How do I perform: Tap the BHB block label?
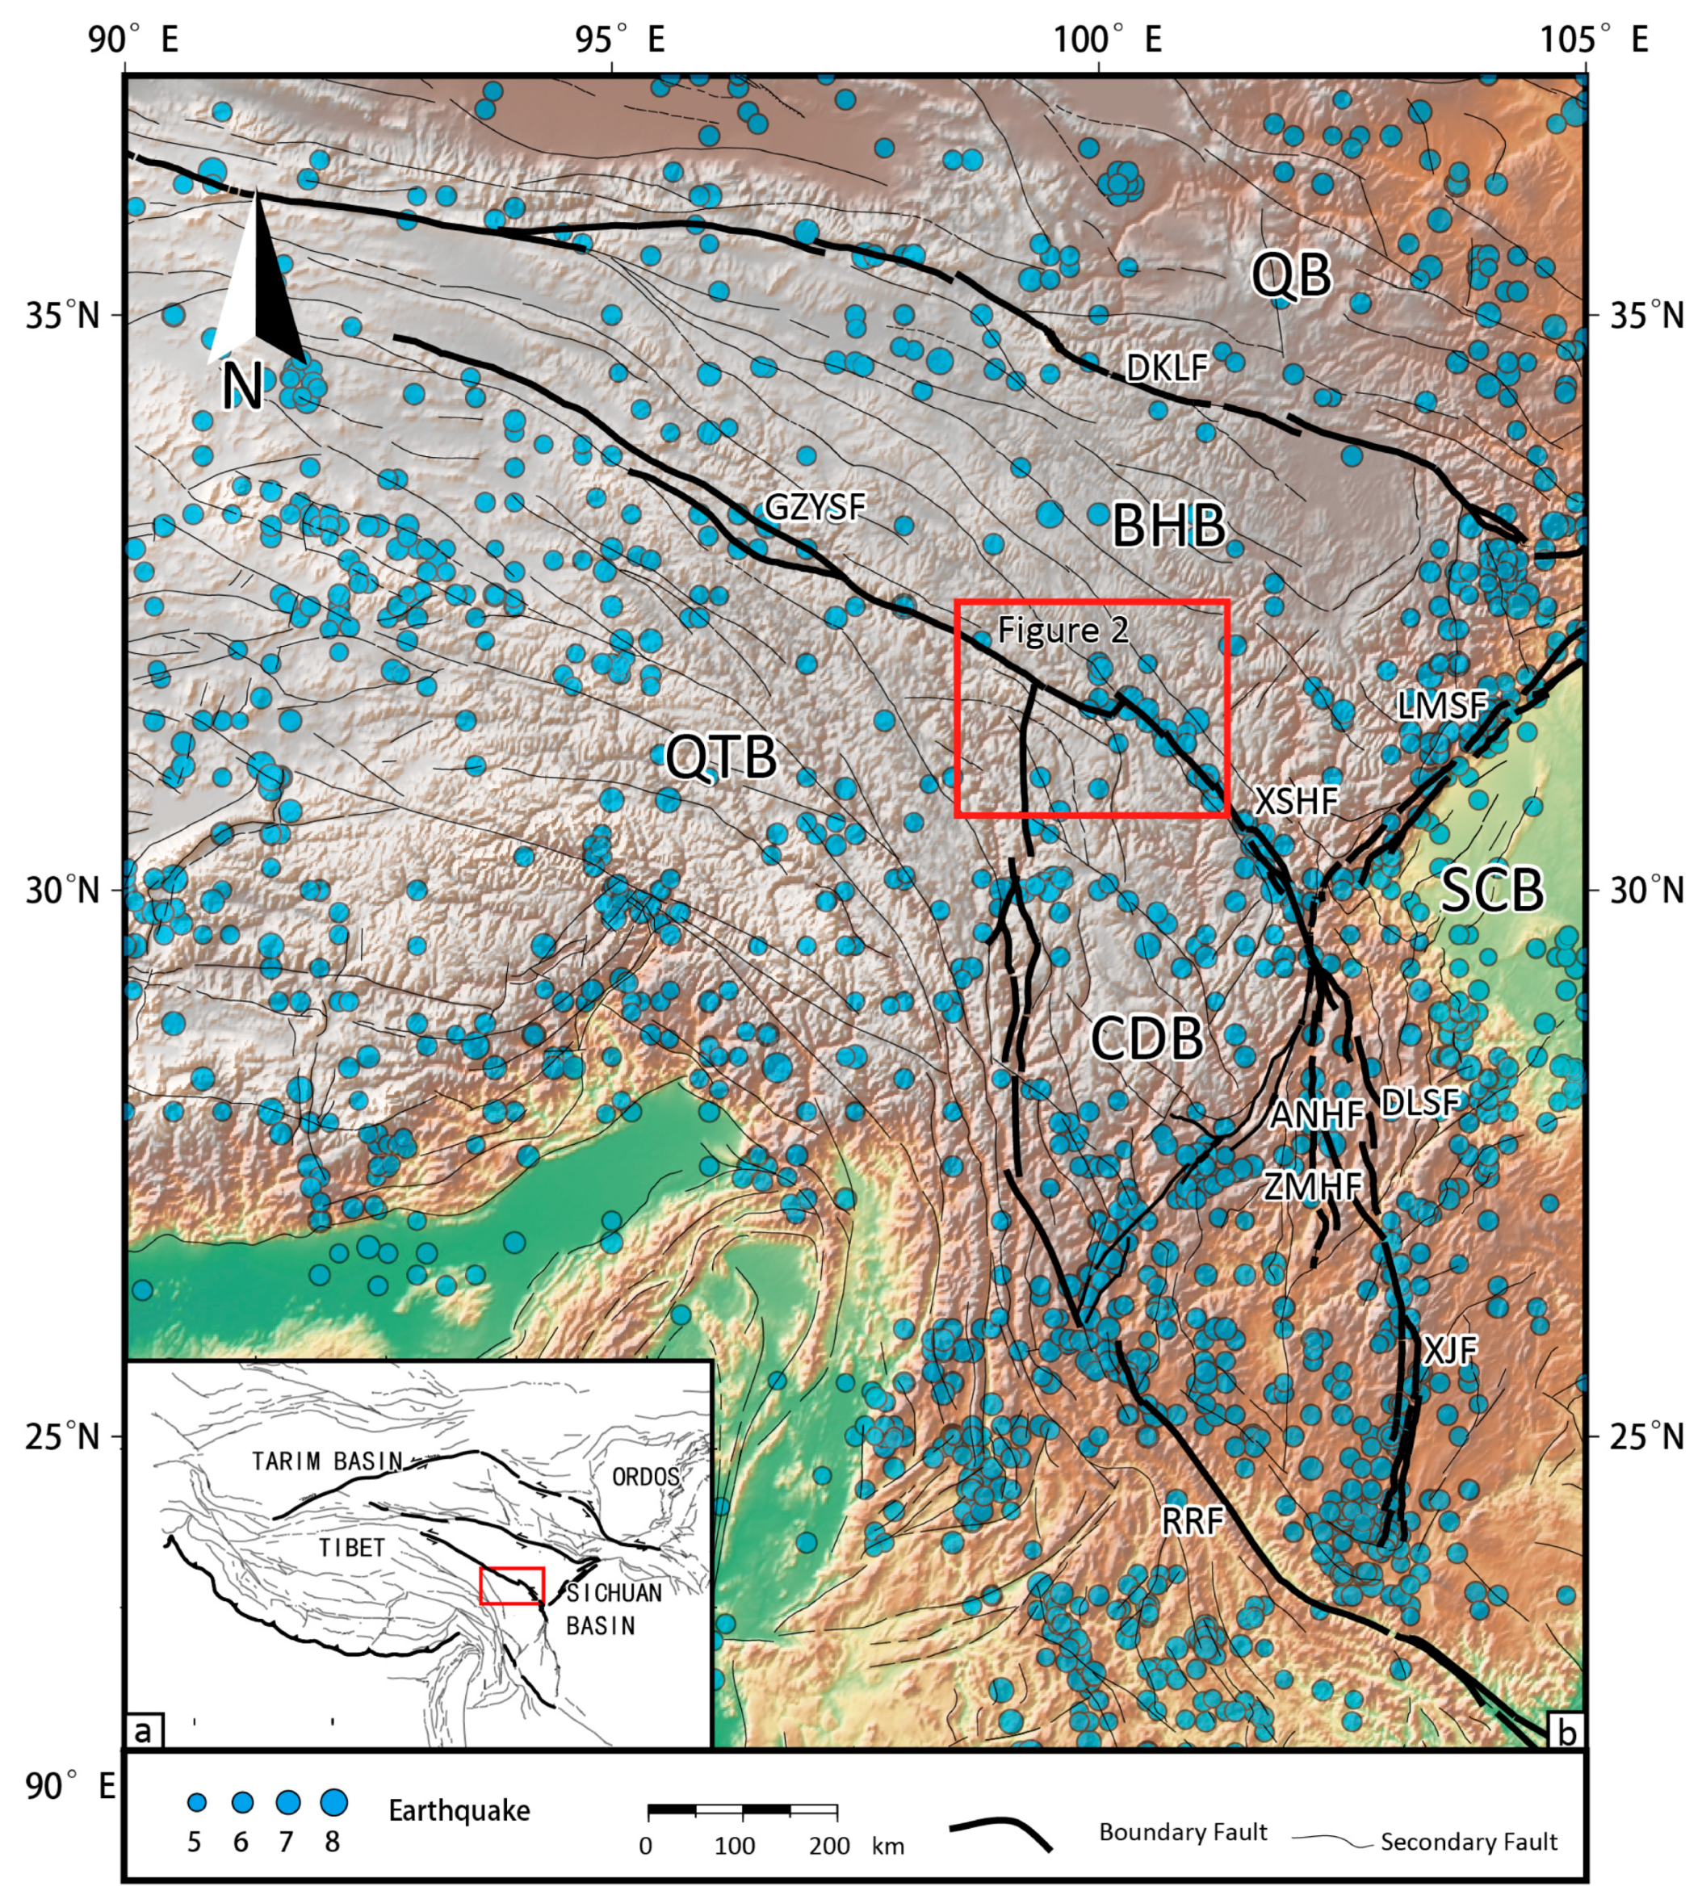click(1168, 525)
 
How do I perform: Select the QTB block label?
click(721, 757)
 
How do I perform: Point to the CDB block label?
click(1147, 1038)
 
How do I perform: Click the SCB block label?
click(1490, 890)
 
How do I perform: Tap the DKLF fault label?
click(1167, 368)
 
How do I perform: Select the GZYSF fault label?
click(815, 507)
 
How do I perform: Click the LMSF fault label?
click(1441, 705)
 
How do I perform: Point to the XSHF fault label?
click(1296, 801)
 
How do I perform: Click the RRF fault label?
click(1193, 1521)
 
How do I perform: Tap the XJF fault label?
click(1450, 1351)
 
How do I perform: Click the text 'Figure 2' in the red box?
click(1063, 630)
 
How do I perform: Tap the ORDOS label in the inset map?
click(645, 1477)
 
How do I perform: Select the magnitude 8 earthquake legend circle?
click(333, 1801)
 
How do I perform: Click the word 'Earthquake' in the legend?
click(459, 1811)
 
